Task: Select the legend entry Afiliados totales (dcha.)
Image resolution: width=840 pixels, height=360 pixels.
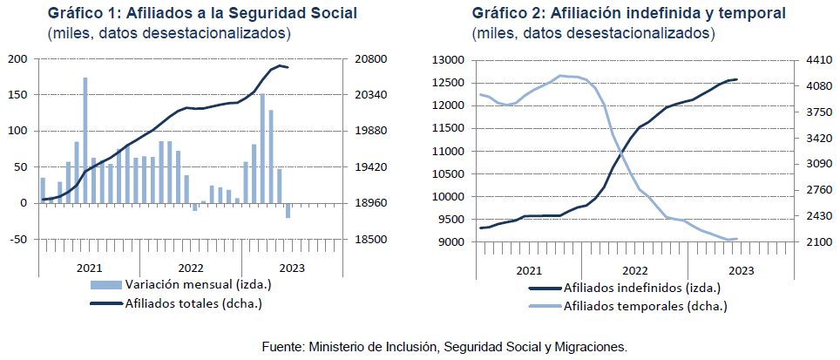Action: coord(192,303)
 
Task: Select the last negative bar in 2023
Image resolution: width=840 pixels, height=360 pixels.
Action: coord(288,210)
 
